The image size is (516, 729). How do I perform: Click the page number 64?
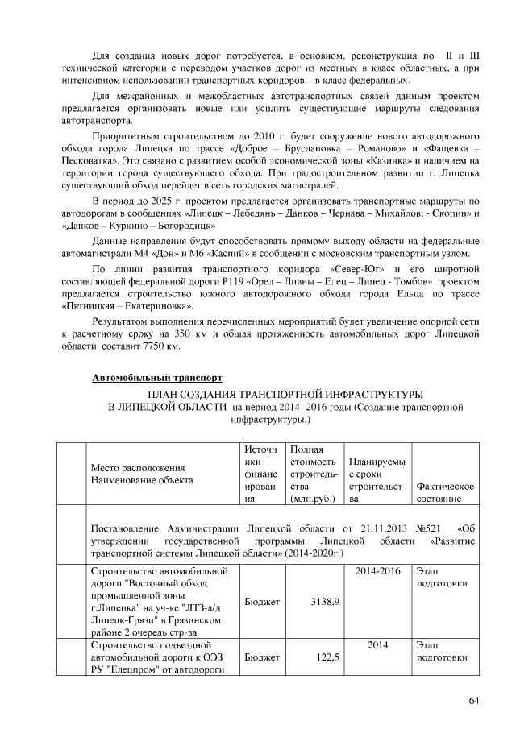pos(474,700)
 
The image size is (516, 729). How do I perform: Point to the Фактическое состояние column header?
pos(444,493)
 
